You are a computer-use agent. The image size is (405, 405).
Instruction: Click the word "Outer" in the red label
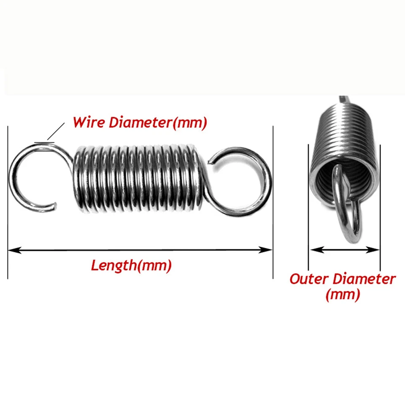309,279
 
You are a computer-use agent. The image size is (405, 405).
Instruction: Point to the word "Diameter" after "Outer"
364,279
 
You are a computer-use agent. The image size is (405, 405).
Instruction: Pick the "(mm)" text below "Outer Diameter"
343,294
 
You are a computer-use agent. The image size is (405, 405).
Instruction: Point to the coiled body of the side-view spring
137,179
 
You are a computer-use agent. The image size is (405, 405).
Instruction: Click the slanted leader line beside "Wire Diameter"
56,131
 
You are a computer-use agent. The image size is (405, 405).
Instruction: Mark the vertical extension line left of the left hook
8,202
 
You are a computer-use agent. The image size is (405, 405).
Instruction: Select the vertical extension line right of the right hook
273,202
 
